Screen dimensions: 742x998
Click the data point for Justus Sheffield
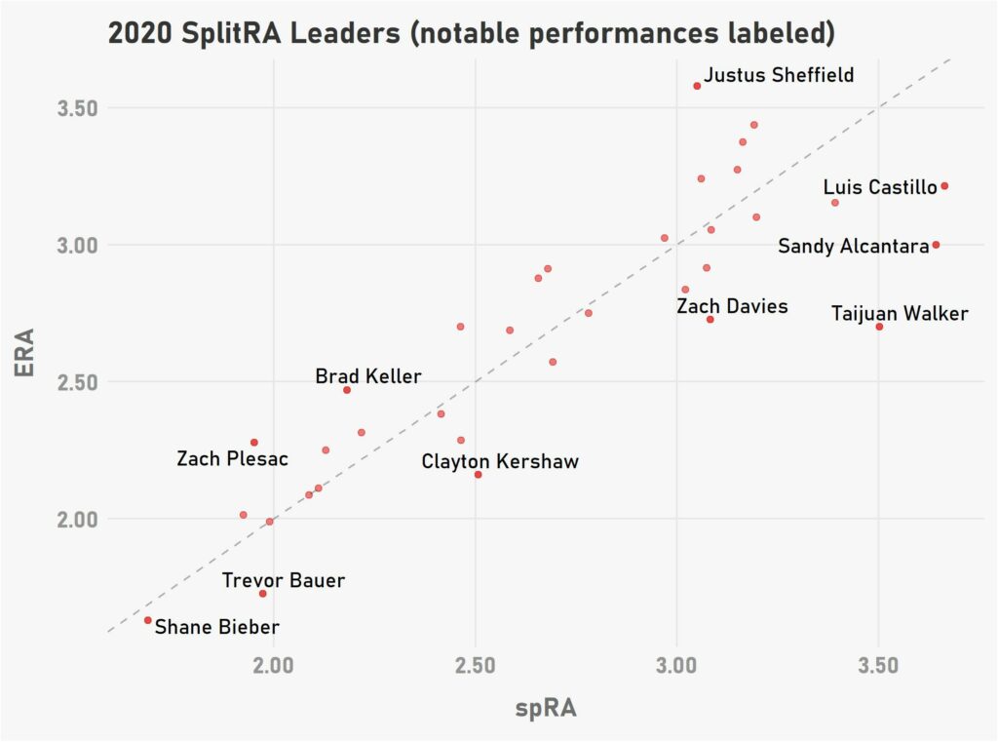point(697,86)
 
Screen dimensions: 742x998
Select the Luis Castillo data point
point(944,186)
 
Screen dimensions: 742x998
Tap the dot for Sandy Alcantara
point(936,245)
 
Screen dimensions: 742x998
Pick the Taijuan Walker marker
point(879,327)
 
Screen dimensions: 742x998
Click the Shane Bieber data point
point(147,620)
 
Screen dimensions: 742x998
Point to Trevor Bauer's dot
point(262,594)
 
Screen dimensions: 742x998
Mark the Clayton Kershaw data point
point(478,475)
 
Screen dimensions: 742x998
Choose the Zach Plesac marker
point(254,443)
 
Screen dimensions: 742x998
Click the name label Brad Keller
point(368,376)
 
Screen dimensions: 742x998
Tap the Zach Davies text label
point(732,307)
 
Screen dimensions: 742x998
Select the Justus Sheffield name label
point(779,75)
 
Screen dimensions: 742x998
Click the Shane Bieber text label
point(217,628)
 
